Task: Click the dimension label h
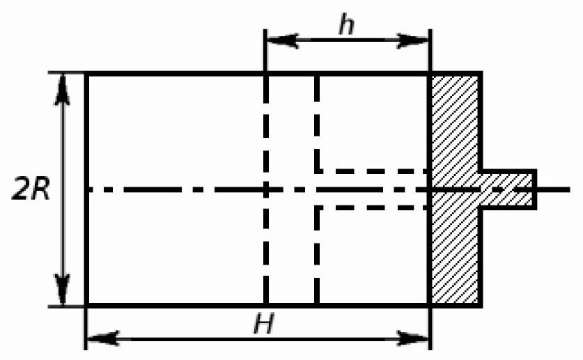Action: [x=347, y=25]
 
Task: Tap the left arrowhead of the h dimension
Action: [x=283, y=40]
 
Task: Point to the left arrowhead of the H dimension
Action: [x=103, y=338]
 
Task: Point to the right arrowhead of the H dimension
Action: [x=413, y=338]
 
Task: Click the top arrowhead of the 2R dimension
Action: [x=62, y=90]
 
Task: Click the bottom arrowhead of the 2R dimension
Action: [x=62, y=290]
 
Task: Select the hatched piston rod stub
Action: [x=508, y=189]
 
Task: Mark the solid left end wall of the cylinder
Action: [x=86, y=189]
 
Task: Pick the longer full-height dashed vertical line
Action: [x=266, y=189]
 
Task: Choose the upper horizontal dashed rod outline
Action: [x=372, y=171]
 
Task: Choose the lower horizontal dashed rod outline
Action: [x=372, y=208]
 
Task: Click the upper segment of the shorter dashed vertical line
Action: [x=317, y=123]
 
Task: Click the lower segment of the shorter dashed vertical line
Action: [x=317, y=256]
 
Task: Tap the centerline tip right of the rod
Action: [x=569, y=190]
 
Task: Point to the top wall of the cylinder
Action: [x=258, y=74]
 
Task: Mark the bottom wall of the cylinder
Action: [x=258, y=306]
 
